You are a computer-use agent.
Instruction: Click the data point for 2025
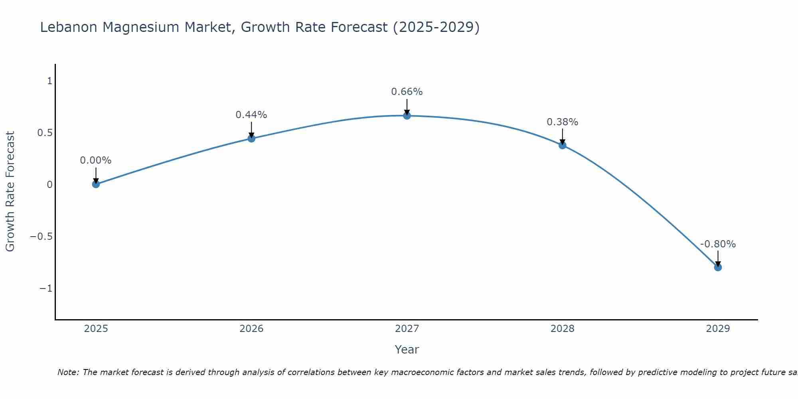pos(96,184)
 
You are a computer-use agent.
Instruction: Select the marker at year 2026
pos(251,138)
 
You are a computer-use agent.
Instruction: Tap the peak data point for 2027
pos(407,116)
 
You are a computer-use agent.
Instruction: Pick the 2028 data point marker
pos(563,145)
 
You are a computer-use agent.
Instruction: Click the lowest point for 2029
pos(718,267)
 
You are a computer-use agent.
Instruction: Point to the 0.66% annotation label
pos(407,92)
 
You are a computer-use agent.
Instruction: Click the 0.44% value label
pos(251,115)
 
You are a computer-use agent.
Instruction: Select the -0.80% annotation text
pos(718,244)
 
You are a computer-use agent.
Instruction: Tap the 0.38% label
pos(562,122)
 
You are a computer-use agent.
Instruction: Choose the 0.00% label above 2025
pos(96,160)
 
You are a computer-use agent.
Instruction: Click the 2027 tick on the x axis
pos(407,329)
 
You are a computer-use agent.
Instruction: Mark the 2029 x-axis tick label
pos(718,329)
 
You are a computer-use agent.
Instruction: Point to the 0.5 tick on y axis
pos(45,132)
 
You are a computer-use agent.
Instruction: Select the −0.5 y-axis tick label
pos(41,236)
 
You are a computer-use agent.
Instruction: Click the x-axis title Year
pos(407,350)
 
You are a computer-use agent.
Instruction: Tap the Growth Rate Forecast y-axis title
pos(10,192)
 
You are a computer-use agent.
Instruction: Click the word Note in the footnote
pos(68,372)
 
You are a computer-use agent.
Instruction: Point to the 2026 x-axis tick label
pos(251,329)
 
